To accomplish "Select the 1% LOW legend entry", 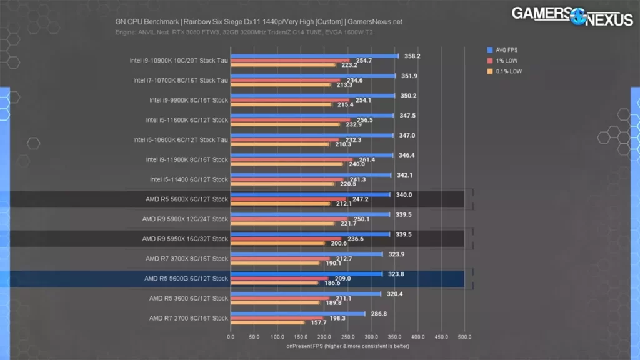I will (502, 61).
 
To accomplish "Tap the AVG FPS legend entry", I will (504, 50).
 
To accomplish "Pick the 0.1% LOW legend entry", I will (506, 71).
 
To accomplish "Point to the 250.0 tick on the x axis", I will (347, 337).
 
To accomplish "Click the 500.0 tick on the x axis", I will (464, 337).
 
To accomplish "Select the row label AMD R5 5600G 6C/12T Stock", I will (186, 279).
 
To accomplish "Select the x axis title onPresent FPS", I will (347, 346).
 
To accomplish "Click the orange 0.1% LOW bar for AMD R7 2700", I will (267, 322).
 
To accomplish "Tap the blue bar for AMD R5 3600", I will (306, 293).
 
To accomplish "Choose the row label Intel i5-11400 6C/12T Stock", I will (189, 179).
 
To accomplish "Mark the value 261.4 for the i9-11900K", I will (367, 159).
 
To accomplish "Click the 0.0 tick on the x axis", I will (231, 337).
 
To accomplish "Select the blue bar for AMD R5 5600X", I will (310, 194).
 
